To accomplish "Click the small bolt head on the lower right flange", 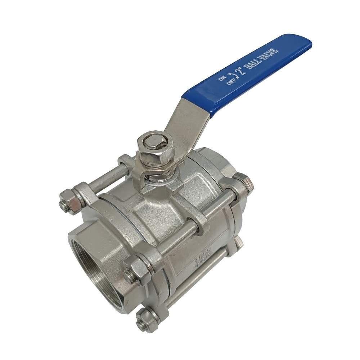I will (238, 242).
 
